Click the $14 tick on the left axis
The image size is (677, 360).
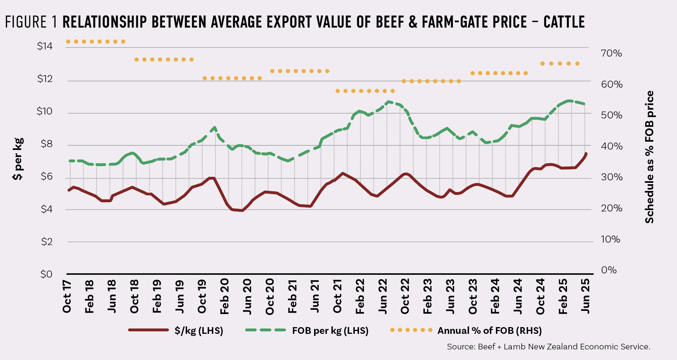(45, 46)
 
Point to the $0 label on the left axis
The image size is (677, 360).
(46, 274)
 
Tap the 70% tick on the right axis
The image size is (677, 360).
(611, 53)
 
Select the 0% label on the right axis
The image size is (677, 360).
(609, 270)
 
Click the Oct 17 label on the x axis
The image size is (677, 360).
(67, 296)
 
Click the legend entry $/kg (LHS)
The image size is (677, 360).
(198, 331)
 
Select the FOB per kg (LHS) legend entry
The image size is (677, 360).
(330, 331)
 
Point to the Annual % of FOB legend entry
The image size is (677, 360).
(489, 331)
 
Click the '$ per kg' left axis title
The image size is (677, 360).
(18, 159)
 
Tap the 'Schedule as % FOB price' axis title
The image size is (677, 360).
(649, 157)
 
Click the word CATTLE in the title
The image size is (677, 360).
(564, 22)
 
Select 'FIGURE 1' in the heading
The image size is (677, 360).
(31, 22)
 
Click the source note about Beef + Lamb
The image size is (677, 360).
(548, 347)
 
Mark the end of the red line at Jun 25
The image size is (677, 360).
(586, 154)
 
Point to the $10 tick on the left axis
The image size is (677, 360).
(45, 111)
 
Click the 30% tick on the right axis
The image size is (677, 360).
(611, 177)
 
